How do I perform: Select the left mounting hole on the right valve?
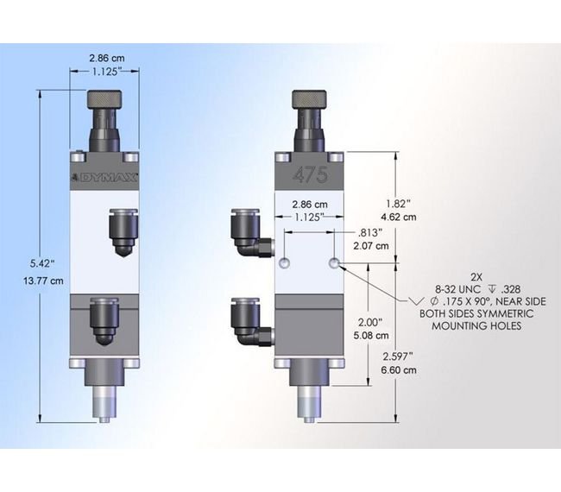(x=287, y=262)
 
